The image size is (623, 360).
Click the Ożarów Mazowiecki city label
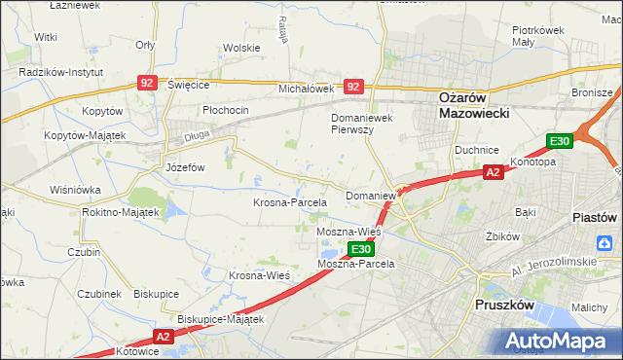(462, 104)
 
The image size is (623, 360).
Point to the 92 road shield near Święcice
(147, 85)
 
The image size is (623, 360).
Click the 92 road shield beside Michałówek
(353, 87)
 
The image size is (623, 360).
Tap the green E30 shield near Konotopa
(558, 142)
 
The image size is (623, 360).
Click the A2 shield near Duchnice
(494, 172)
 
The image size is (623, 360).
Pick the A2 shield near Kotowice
(162, 337)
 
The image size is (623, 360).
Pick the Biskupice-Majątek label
(221, 318)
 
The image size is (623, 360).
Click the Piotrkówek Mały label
(538, 36)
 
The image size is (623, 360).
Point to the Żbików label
(499, 236)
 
